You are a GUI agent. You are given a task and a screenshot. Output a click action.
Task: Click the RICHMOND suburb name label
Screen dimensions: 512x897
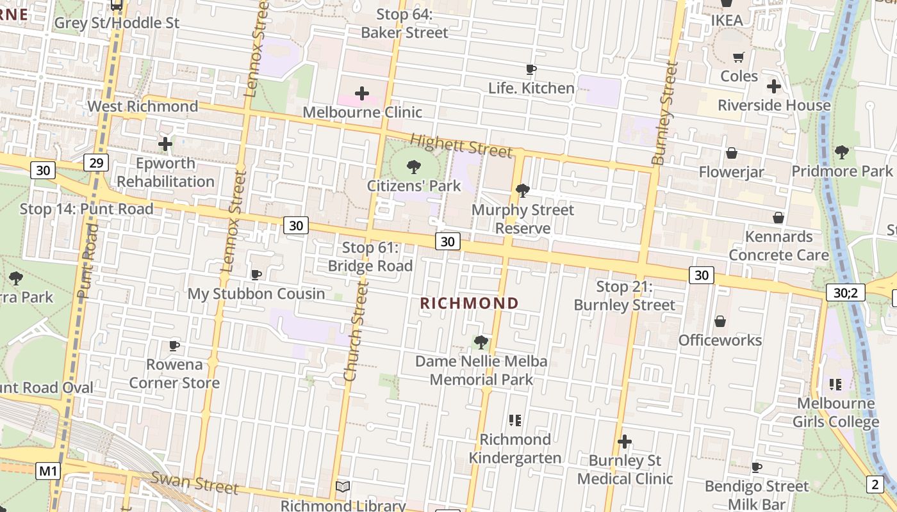point(469,303)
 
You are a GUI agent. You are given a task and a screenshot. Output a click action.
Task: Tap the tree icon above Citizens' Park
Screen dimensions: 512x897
point(414,168)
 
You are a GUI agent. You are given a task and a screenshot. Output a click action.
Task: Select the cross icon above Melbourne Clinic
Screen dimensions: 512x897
point(362,94)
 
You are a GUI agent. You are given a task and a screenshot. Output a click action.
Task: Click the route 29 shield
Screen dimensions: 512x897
point(95,163)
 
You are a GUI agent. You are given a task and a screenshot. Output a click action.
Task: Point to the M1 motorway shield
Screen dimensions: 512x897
point(48,472)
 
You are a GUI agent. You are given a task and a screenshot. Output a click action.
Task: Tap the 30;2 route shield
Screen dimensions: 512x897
point(845,293)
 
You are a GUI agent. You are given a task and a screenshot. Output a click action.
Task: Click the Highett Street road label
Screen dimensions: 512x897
point(461,146)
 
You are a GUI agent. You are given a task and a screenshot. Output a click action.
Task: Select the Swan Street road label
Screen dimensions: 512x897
point(194,483)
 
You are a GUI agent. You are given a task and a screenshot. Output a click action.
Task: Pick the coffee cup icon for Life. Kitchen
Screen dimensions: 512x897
point(531,70)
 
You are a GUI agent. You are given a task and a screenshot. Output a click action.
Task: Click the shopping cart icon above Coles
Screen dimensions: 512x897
point(739,58)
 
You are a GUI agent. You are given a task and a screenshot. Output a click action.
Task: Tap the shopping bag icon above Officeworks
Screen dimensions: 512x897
point(720,321)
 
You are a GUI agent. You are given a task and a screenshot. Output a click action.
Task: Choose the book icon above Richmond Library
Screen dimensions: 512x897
point(343,487)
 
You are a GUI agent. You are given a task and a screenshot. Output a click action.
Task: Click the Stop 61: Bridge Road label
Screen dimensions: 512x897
point(370,256)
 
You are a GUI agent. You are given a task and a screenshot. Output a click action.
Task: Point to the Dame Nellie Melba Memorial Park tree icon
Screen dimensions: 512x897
point(481,342)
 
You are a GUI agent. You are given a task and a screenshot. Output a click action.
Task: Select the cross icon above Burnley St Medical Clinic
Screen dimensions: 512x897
point(625,442)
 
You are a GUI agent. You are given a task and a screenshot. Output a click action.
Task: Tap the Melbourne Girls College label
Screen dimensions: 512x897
point(835,413)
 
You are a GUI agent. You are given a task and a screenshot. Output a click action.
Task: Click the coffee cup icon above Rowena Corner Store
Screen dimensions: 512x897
point(174,346)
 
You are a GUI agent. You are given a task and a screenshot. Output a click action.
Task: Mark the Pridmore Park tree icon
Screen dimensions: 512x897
point(841,152)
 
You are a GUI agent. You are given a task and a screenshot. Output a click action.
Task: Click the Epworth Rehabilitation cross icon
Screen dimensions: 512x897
point(165,144)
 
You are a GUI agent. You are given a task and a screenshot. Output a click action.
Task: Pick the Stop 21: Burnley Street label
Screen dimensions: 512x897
point(624,296)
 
